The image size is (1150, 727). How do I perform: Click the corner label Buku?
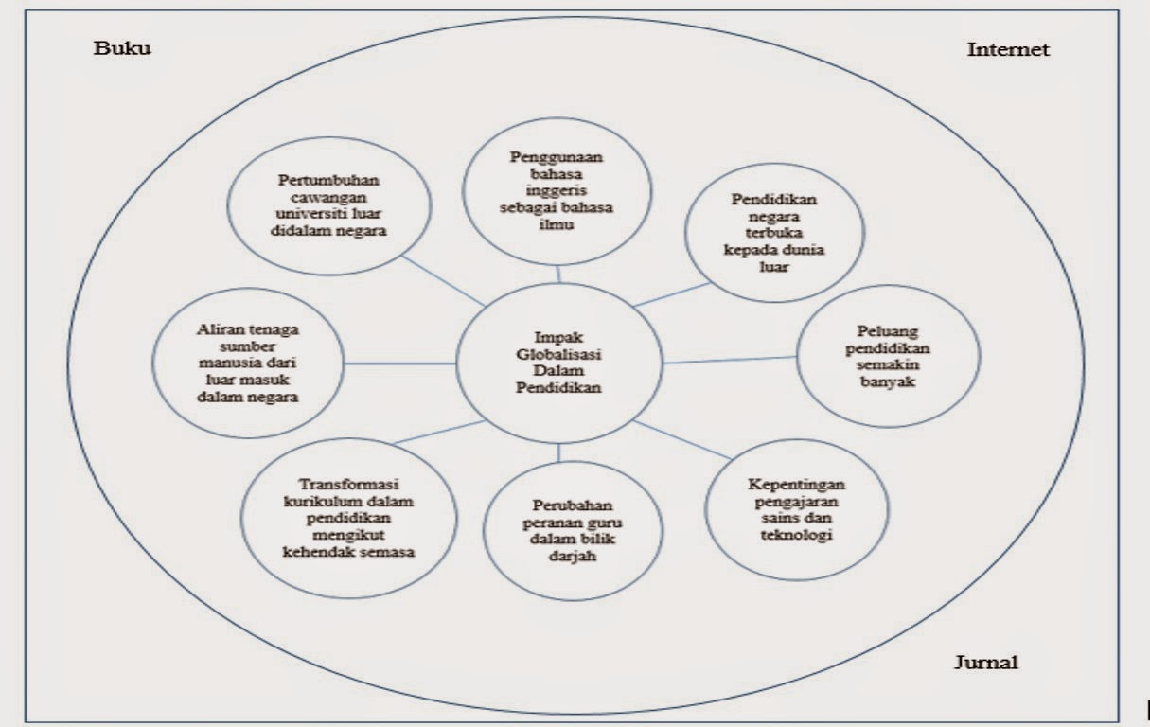click(122, 49)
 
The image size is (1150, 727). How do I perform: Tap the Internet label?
click(1008, 50)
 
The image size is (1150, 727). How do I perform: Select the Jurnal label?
click(985, 663)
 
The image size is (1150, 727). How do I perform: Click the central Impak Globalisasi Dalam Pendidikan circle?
click(558, 363)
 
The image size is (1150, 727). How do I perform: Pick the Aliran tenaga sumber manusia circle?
click(248, 362)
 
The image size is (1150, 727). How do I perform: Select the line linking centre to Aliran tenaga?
click(400, 363)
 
